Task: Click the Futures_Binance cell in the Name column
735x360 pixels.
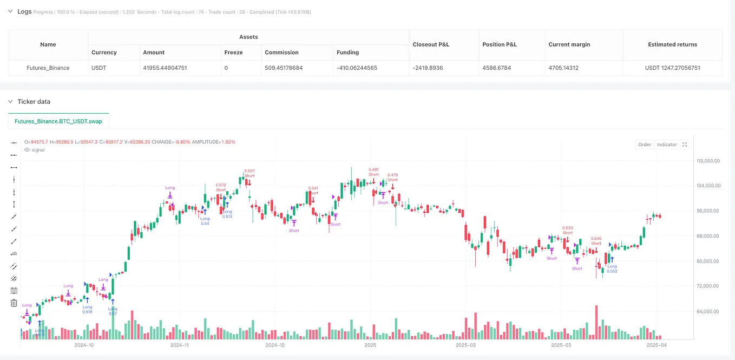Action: pos(48,68)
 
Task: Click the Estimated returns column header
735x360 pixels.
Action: pos(672,44)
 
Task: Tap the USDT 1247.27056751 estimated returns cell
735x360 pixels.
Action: pos(672,68)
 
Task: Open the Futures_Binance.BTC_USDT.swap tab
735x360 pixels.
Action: pos(59,121)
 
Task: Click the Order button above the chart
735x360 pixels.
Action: pos(645,145)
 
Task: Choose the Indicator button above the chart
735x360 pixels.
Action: pos(667,145)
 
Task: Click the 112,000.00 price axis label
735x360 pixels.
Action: pos(711,161)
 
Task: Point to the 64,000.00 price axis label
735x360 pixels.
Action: pos(710,311)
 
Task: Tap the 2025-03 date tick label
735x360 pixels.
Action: pos(561,345)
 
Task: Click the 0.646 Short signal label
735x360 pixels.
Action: pos(596,241)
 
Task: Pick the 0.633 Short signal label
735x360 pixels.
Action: pos(567,231)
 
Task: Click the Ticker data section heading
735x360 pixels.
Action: pos(34,101)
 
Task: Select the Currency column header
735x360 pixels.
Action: pos(104,53)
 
